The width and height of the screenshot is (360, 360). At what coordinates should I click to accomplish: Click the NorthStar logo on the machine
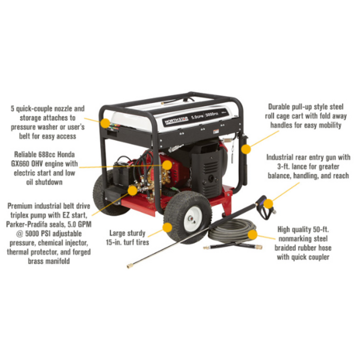[x=175, y=121]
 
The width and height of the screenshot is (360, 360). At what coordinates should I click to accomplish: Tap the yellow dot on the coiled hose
[x=252, y=235]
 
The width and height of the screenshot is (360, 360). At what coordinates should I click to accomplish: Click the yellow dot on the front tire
[x=167, y=227]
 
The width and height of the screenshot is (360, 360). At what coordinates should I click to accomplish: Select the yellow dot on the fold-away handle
[x=246, y=150]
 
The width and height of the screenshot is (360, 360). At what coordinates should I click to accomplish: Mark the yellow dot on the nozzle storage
[x=105, y=123]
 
